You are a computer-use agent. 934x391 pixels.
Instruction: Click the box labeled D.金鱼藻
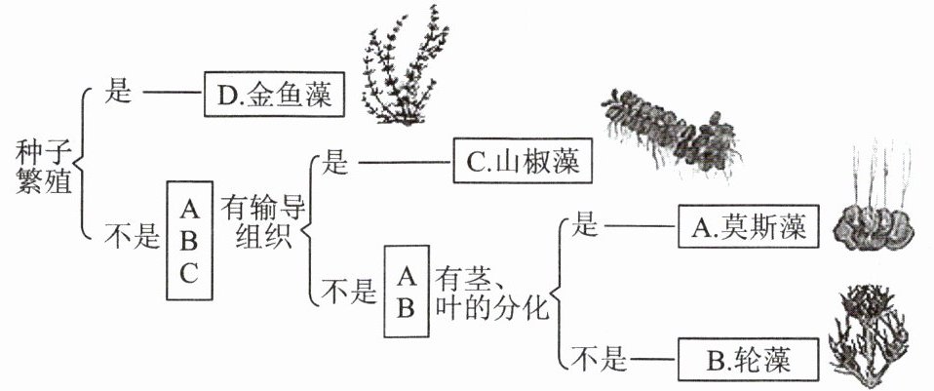coord(274,96)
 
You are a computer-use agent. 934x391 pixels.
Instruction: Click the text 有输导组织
coord(257,222)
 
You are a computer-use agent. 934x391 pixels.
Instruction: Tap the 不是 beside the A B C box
coord(132,236)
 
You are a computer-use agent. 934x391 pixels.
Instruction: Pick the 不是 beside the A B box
coord(349,291)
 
